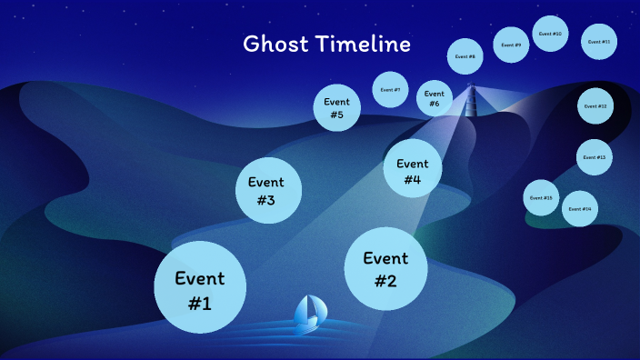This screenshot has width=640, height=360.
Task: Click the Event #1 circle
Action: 200,289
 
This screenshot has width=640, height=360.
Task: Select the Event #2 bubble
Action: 385,269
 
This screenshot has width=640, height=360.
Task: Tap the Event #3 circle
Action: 265,191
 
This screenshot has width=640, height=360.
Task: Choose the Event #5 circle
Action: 337,107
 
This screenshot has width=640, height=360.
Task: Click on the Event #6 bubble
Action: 435,98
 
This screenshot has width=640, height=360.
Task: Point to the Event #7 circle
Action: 390,90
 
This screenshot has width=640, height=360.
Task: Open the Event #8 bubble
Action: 465,56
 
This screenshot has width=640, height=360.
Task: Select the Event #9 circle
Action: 512,45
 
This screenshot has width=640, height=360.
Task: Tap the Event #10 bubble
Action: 550,34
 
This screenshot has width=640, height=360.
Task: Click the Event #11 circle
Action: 599,42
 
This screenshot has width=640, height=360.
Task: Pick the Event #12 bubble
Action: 595,106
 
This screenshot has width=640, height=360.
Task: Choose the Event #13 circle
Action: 595,157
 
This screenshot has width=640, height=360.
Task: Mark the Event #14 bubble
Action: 579,209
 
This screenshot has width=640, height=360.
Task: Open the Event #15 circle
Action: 542,197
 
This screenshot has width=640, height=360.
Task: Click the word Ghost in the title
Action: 272,44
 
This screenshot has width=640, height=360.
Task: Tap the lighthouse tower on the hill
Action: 471,100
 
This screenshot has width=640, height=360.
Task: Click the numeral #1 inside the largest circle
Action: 200,303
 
